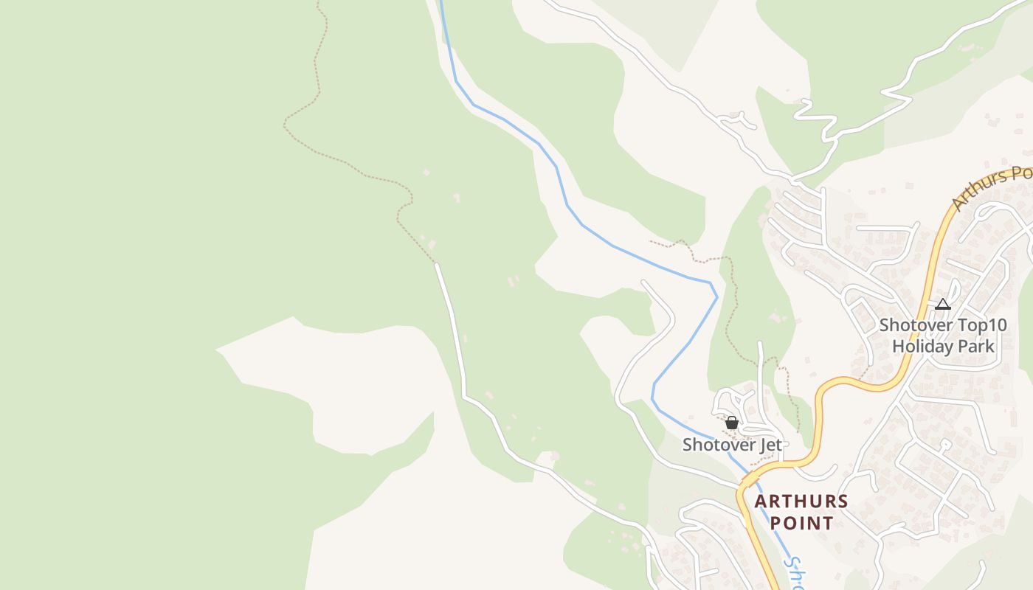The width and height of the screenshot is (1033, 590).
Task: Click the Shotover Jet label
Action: (732, 445)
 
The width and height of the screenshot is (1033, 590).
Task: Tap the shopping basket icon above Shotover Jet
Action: (732, 423)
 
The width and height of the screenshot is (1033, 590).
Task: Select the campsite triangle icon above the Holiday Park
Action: (942, 304)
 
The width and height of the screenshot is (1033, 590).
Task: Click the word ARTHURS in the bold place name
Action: (801, 502)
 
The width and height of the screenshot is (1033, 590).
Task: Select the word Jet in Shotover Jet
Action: (770, 445)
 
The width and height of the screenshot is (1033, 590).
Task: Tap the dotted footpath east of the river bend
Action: (730, 310)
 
